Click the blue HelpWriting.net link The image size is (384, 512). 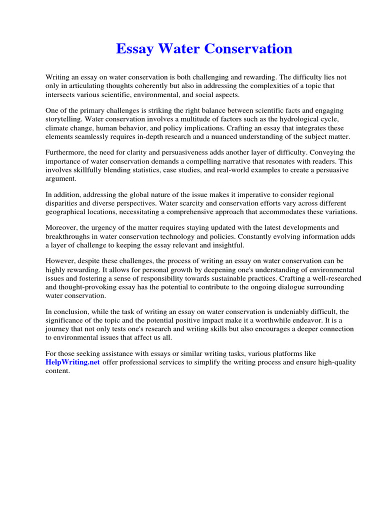pos(72,362)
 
